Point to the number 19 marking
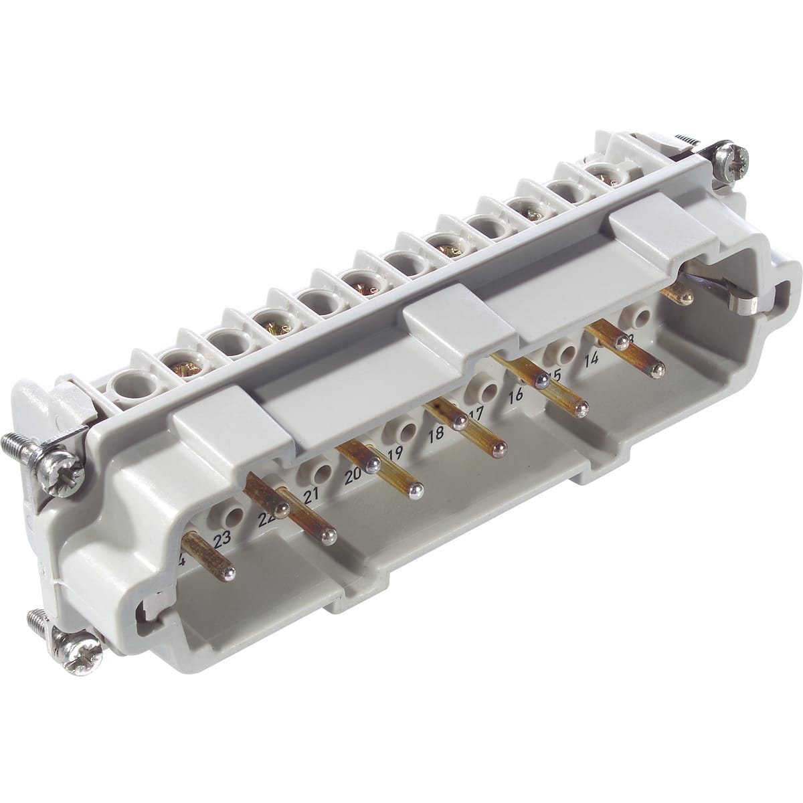(395, 452)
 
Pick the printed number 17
(476, 414)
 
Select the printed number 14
(591, 359)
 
